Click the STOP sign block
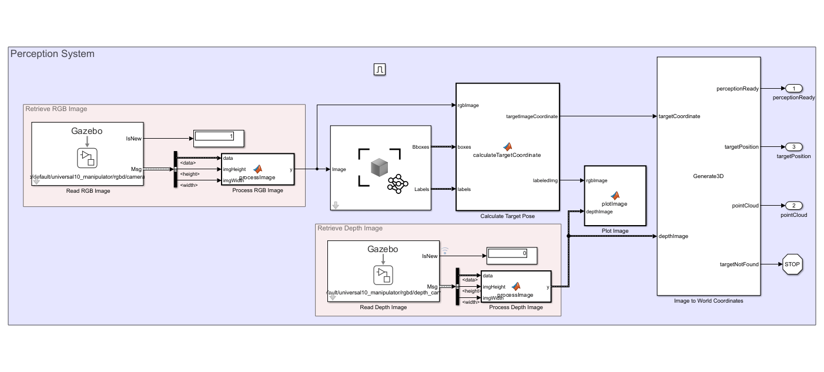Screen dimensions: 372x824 pos(792,264)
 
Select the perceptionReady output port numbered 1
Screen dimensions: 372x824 pos(793,88)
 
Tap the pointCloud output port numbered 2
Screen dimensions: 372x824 pos(793,206)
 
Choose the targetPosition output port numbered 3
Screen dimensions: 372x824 pos(793,147)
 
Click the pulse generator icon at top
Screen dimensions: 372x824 pos(380,70)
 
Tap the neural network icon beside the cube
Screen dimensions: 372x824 pos(397,183)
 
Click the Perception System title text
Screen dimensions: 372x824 pos(52,54)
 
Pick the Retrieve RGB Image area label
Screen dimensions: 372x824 pos(56,109)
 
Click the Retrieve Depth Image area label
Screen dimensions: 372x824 pos(350,228)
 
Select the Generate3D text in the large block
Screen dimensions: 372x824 pos(708,176)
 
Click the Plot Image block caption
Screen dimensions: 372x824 pos(615,231)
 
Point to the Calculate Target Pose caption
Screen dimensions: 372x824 pos(507,216)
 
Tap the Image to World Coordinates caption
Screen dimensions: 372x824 pos(708,301)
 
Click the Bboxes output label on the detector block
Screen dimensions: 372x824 pos(420,147)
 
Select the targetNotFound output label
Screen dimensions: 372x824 pos(739,264)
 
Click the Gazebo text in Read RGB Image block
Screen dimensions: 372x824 pos(87,130)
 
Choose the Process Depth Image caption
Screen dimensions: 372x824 pos(515,307)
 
